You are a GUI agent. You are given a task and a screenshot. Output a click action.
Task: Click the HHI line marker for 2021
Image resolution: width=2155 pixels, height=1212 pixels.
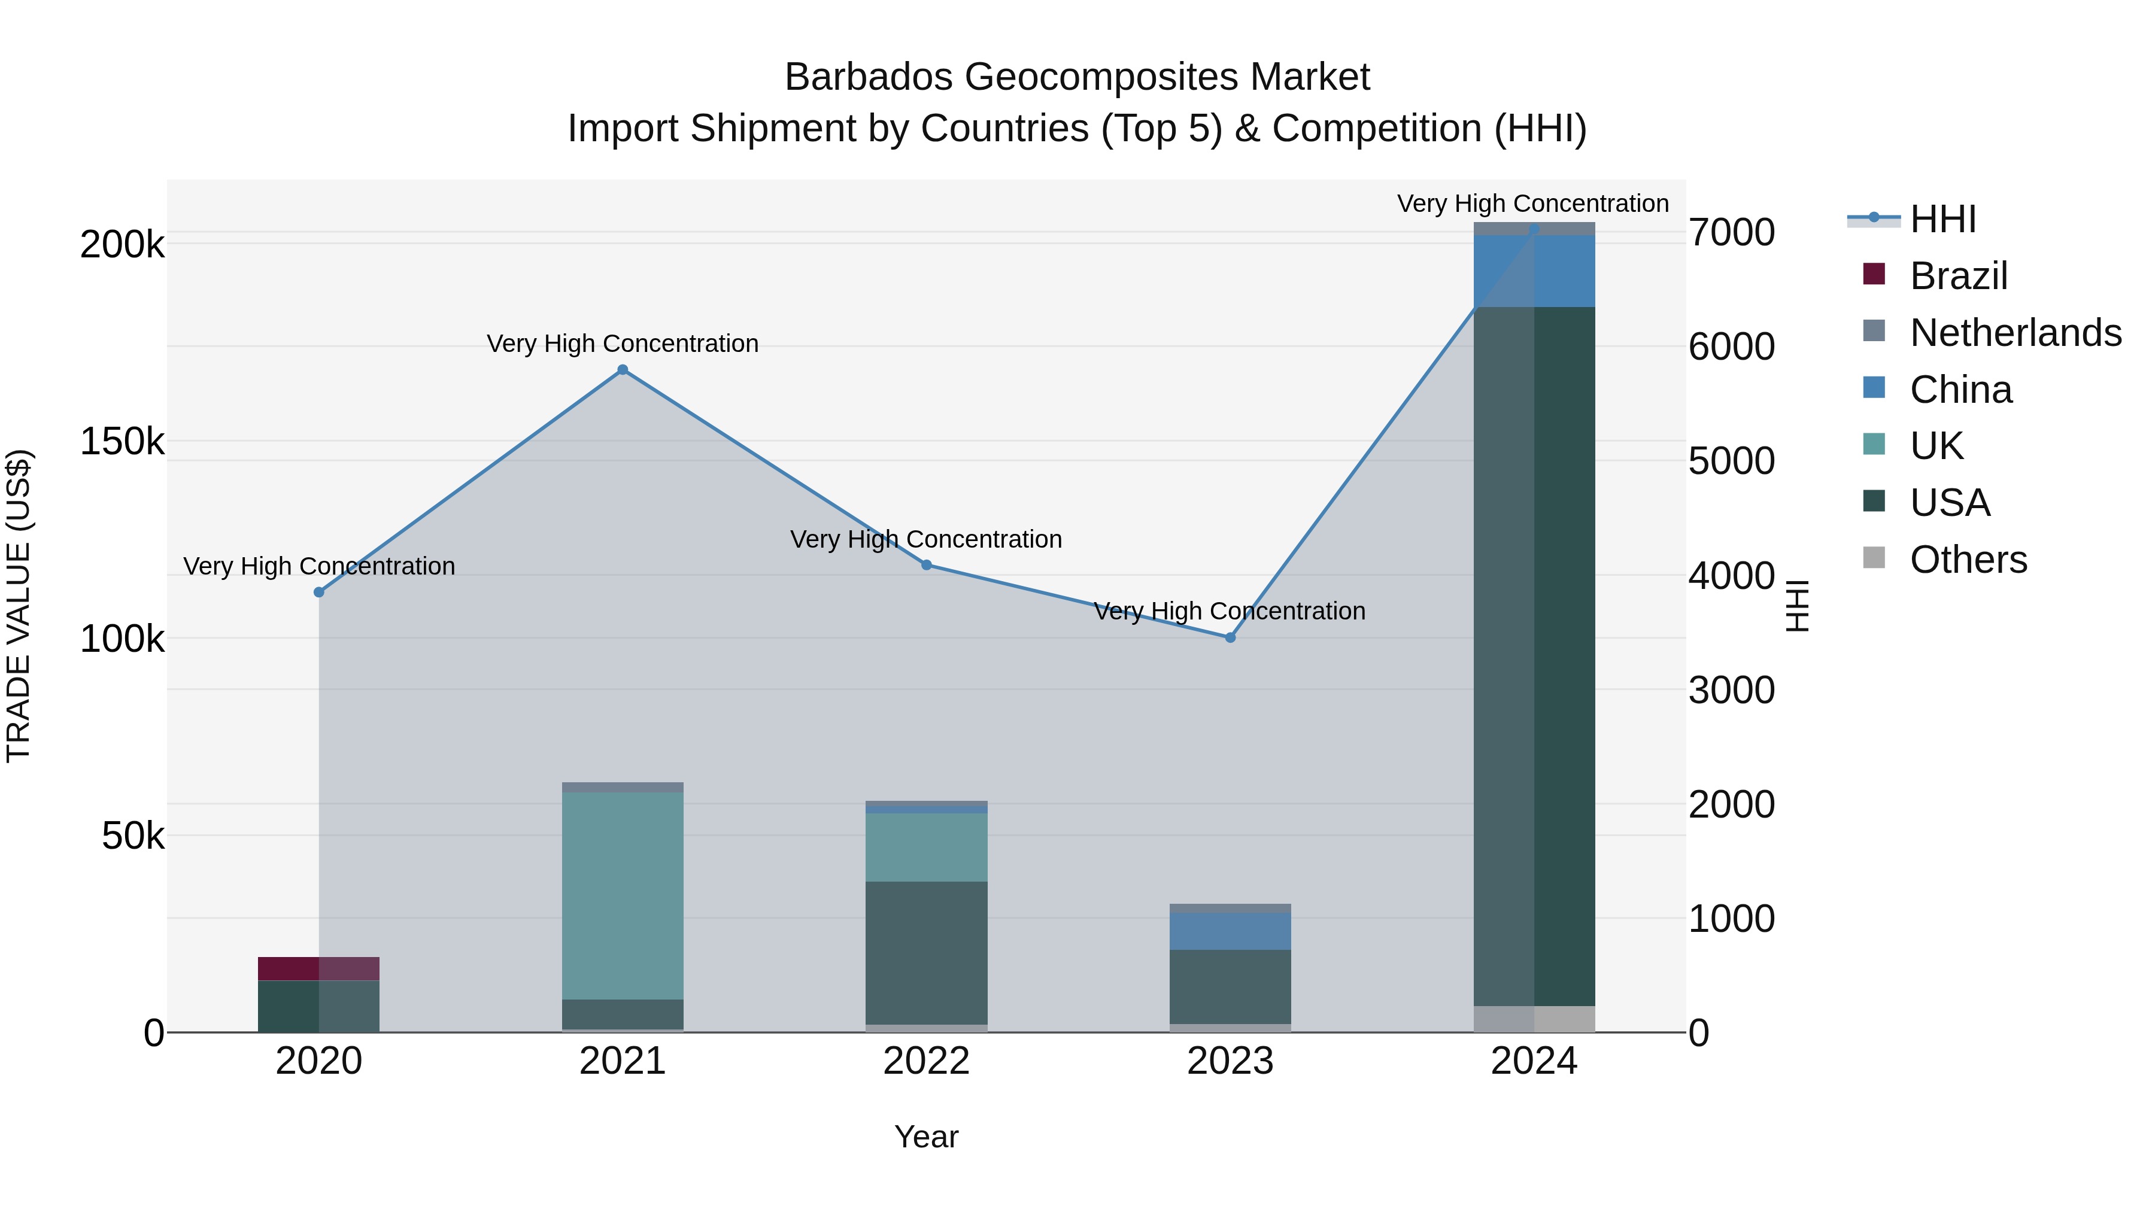click(x=623, y=370)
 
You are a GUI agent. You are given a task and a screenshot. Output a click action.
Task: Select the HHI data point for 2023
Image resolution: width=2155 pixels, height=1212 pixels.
click(x=1230, y=637)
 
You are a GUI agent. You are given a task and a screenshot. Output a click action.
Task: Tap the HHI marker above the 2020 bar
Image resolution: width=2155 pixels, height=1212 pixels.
click(x=318, y=592)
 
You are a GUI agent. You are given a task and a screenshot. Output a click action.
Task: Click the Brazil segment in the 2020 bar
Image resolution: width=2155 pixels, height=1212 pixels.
click(x=318, y=968)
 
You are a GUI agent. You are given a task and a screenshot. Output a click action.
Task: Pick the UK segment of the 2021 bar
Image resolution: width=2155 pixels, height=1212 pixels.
click(x=623, y=895)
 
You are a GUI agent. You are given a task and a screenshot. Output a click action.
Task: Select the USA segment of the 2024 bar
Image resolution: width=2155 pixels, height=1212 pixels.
click(x=1534, y=657)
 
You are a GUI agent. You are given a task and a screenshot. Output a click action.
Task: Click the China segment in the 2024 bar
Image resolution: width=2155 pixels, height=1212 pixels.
click(x=1534, y=271)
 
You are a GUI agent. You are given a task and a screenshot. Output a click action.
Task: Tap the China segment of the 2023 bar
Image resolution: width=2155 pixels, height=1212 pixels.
click(x=1230, y=931)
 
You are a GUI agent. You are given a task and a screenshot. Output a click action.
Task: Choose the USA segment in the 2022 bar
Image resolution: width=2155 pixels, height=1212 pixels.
click(x=926, y=953)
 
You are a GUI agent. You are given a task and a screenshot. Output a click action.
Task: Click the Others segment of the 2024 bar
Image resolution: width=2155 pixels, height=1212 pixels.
click(x=1534, y=1019)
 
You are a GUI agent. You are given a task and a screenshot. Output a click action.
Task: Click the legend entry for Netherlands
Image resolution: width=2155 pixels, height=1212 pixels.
click(x=2016, y=333)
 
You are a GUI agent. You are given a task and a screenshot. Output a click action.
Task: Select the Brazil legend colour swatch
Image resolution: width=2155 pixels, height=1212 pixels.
click(x=1874, y=274)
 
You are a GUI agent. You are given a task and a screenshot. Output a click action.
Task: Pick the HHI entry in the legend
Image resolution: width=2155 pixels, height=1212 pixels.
click(x=1942, y=219)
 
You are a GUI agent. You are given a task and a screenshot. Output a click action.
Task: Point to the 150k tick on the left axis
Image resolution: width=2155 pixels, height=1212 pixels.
click(x=122, y=442)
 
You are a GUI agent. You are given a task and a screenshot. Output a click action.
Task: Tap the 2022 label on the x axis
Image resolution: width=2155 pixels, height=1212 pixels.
click(x=926, y=1061)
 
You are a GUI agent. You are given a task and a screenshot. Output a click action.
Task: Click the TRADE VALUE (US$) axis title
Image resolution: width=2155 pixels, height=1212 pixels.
click(x=19, y=606)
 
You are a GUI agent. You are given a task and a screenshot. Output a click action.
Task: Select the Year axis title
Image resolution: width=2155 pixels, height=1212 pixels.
click(x=926, y=1137)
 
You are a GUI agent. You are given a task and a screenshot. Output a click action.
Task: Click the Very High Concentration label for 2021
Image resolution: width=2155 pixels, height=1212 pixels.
click(x=623, y=344)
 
